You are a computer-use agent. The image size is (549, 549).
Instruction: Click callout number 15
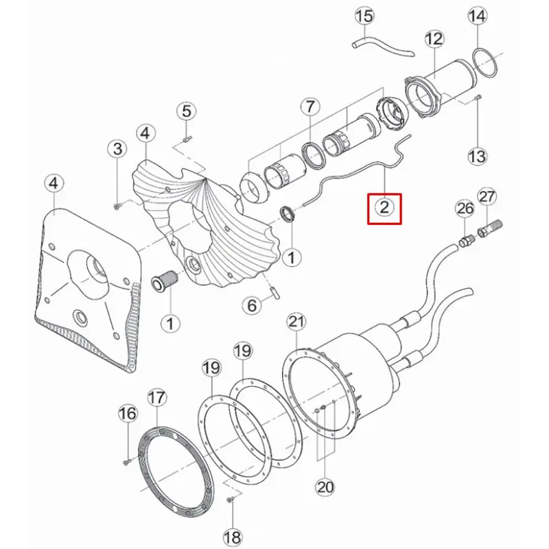pos(364,16)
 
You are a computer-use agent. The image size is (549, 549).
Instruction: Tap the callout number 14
pos(478,16)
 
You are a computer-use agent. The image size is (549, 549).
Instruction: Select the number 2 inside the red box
pos(384,208)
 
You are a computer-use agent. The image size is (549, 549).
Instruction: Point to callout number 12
pos(434,39)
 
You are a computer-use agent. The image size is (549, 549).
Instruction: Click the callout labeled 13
pos(478,156)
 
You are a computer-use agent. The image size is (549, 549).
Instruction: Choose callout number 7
pos(310,106)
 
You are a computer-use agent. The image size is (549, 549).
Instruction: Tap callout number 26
pos(465,209)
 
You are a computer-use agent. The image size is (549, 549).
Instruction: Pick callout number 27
pos(487,197)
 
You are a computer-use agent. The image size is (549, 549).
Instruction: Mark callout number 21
pos(296,322)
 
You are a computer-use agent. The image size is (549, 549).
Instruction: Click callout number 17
pos(156,398)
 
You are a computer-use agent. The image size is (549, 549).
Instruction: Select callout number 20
pos(325,487)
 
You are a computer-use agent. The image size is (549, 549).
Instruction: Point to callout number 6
pos(252,305)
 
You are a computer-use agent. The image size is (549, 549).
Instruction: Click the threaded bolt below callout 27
pos(489,228)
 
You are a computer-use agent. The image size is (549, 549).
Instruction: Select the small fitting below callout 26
pos(466,241)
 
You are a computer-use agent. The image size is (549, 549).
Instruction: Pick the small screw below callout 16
pos(126,463)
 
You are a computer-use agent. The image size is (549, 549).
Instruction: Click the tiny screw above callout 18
pos(231,499)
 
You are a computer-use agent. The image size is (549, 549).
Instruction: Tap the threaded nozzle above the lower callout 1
pos(165,280)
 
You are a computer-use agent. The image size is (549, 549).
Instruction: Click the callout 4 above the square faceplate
pos(54,183)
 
